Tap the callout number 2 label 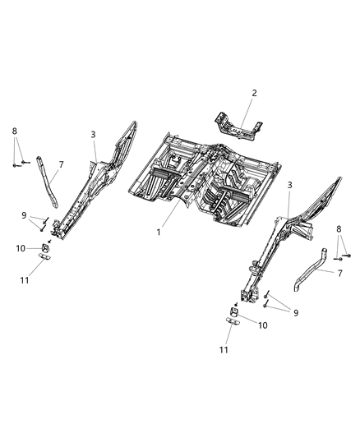point(254,94)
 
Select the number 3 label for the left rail point(94,134)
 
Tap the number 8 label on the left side point(14,131)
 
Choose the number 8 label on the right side point(339,230)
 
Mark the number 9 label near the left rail point(24,215)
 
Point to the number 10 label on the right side point(262,325)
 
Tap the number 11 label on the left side point(25,280)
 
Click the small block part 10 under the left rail point(45,248)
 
